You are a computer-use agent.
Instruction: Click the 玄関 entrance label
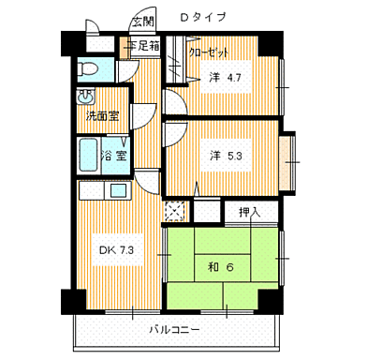coord(143,22)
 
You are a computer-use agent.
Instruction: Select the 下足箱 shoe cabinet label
coord(142,45)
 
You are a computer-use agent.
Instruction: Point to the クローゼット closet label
coord(208,53)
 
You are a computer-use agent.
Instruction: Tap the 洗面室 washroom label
coord(101,116)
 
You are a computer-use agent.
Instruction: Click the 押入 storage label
coord(248,213)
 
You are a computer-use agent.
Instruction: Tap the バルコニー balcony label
coord(173,329)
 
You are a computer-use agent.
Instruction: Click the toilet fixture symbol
coord(89,67)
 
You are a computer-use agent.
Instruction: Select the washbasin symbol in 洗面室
coord(86,97)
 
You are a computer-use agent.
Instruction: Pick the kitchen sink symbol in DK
coord(120,191)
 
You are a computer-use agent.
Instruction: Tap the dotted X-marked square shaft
coord(174,210)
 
